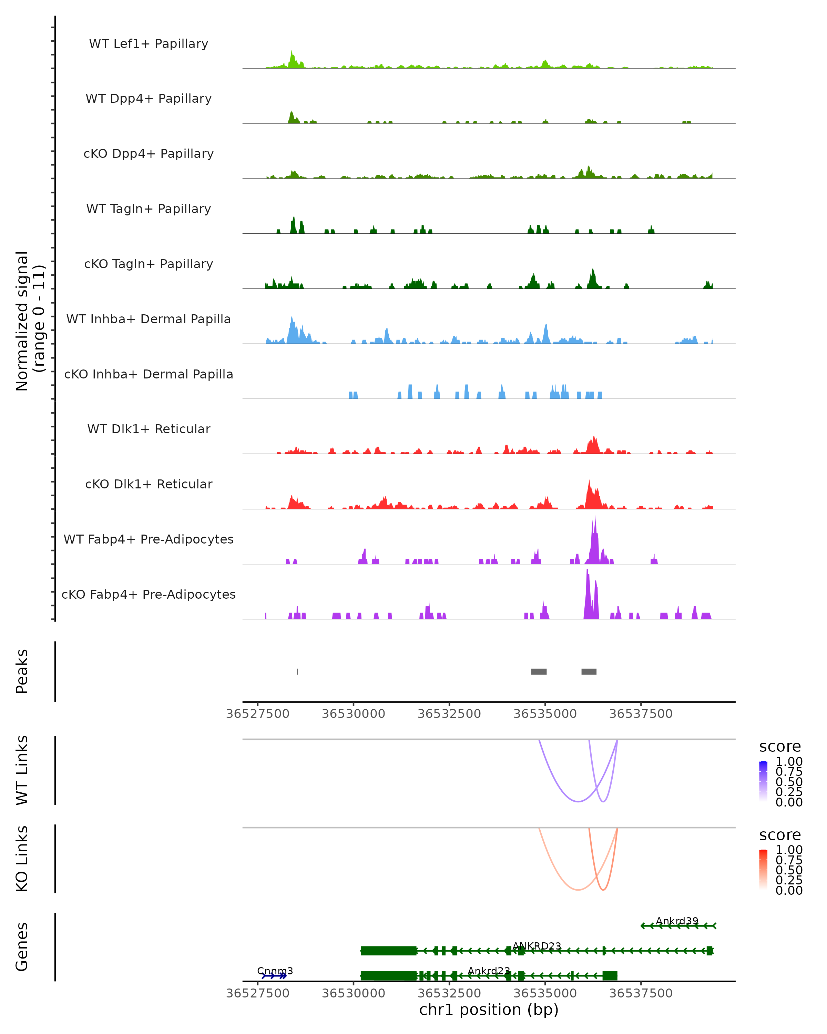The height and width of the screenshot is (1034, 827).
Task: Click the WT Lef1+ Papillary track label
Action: [149, 44]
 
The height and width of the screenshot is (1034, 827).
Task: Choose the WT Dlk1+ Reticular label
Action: [149, 429]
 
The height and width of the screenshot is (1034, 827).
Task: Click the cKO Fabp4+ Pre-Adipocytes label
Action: [149, 594]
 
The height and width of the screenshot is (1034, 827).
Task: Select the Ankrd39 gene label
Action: [677, 921]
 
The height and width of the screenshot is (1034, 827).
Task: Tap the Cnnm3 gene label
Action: [275, 971]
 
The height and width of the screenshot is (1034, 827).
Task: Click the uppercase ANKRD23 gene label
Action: [537, 946]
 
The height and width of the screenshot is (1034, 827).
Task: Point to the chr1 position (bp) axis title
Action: [489, 1010]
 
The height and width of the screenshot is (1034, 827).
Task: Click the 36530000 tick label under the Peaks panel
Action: [353, 714]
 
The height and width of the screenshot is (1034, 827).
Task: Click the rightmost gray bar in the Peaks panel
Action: [589, 671]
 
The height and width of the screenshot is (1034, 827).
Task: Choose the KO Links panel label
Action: [22, 859]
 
